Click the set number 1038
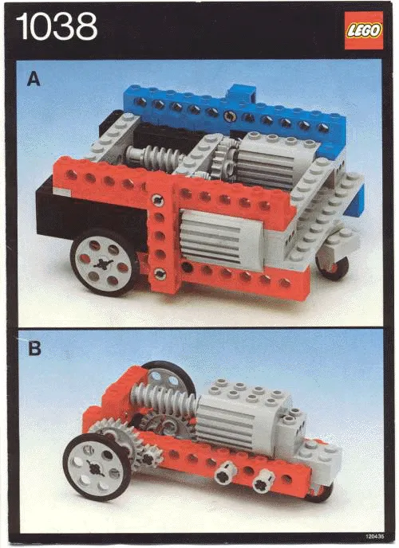[56, 27]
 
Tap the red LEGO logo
[363, 30]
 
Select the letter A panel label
[34, 78]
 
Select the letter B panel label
[34, 348]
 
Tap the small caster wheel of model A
[332, 265]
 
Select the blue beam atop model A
[231, 112]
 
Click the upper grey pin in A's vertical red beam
[159, 201]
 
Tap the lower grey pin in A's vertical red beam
[160, 273]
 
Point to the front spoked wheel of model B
[97, 465]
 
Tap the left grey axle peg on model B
[225, 473]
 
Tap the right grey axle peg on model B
[261, 479]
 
